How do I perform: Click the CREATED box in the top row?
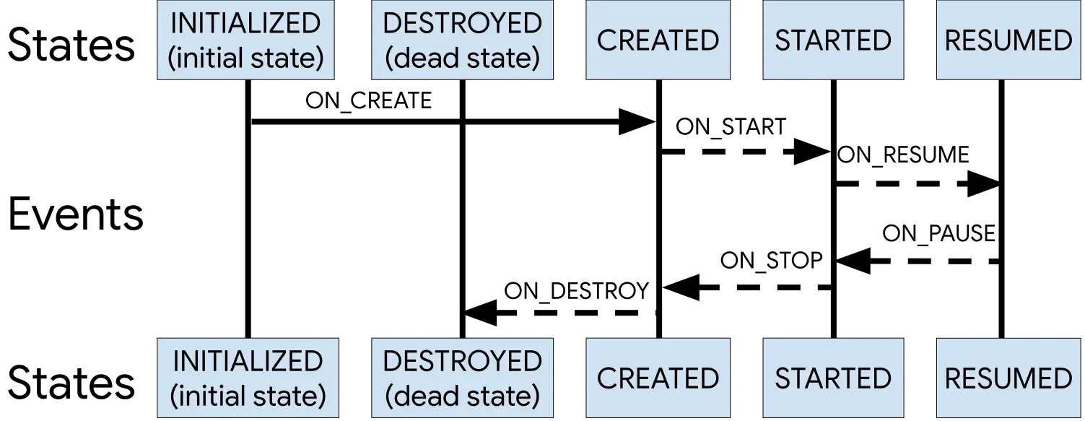[x=658, y=40]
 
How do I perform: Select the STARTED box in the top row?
[x=833, y=40]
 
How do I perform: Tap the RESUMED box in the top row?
[x=1008, y=40]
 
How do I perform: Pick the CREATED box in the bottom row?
[x=658, y=378]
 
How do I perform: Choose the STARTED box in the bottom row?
[x=833, y=378]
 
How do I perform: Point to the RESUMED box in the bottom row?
[x=1008, y=378]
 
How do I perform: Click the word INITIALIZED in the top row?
[x=245, y=23]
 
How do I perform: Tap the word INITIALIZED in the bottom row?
[x=248, y=361]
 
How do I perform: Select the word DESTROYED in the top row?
[x=462, y=23]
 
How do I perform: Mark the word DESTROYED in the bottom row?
[x=462, y=361]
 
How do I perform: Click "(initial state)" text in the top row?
[x=245, y=58]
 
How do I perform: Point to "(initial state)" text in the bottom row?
[x=248, y=396]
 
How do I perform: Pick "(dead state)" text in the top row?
[x=462, y=58]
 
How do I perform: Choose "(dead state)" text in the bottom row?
[x=462, y=396]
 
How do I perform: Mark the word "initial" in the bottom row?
[x=211, y=396]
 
